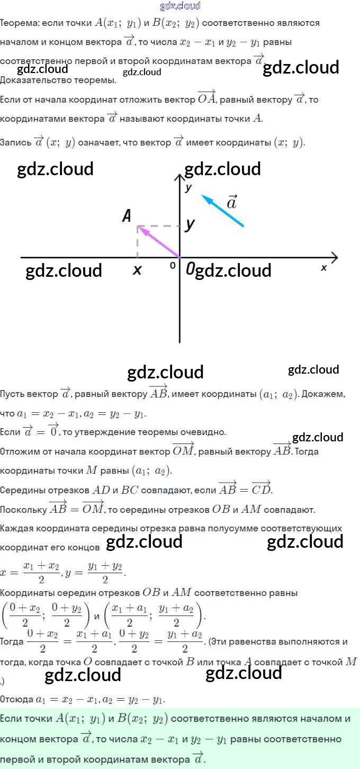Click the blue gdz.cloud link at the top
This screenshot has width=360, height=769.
point(180,6)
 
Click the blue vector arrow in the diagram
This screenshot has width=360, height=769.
point(222,211)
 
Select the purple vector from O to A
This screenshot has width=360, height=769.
point(159,242)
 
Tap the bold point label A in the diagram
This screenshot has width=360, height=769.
point(127,215)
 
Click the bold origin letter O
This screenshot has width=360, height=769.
point(190,269)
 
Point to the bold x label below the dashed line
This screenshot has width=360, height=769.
point(137,270)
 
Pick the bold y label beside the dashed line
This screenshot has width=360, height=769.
point(190,224)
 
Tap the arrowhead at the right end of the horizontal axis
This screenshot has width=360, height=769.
point(334,258)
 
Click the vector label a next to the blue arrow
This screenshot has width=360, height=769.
point(232,202)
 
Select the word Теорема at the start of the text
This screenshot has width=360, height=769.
point(18,23)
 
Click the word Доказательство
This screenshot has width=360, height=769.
point(34,80)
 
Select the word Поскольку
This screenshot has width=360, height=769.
point(23,510)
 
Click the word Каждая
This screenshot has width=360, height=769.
point(18,528)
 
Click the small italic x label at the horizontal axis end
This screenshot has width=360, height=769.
point(323,268)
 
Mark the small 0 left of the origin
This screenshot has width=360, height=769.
point(173,266)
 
